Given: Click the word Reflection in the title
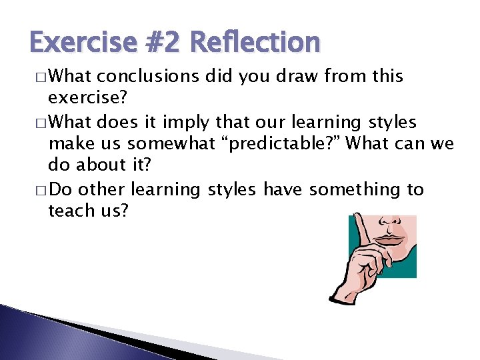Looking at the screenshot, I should click(x=255, y=42).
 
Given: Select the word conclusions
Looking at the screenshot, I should click(x=153, y=76).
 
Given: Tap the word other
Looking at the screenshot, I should click(x=102, y=189).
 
